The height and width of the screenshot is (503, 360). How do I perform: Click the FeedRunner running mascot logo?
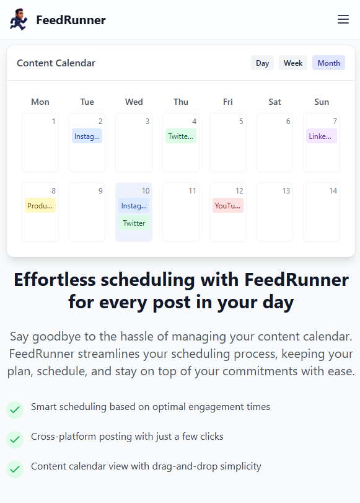[19, 20]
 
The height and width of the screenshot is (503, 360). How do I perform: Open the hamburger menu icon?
[343, 19]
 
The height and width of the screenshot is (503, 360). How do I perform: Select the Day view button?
[262, 63]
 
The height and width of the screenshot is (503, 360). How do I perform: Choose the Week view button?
[293, 63]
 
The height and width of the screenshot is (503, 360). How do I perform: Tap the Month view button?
[328, 63]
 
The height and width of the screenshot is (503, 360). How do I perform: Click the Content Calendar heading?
[56, 63]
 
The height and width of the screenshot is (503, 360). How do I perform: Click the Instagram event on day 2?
[87, 136]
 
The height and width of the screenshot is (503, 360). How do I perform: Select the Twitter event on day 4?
[181, 136]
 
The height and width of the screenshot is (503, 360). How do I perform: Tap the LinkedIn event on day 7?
[321, 136]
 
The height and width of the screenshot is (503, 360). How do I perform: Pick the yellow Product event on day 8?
[40, 206]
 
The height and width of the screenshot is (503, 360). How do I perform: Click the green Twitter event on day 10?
[134, 223]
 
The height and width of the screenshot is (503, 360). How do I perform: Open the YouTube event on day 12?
[227, 206]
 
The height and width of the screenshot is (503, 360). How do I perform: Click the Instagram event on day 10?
[134, 206]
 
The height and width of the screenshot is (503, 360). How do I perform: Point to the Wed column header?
[134, 102]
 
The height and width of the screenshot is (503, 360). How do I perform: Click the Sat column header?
[274, 102]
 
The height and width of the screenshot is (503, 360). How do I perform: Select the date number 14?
[333, 191]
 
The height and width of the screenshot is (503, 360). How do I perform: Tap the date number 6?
[288, 122]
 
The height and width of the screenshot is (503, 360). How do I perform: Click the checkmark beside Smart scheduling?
[15, 409]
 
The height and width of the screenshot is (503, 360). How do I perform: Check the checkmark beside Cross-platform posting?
[15, 439]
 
